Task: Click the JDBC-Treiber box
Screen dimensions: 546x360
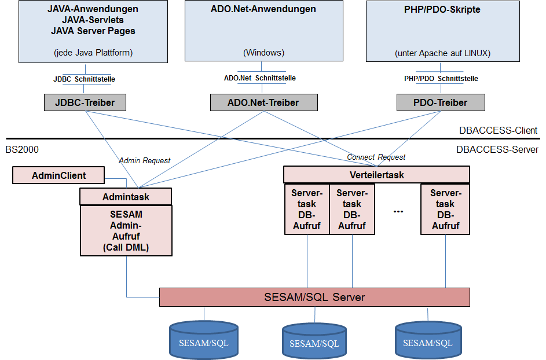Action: coord(85,102)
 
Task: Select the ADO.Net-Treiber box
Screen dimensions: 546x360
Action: coord(264,102)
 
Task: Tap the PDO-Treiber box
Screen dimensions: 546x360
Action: coord(441,102)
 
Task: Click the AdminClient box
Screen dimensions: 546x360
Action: coord(58,175)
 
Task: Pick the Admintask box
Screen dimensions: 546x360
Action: coord(126,197)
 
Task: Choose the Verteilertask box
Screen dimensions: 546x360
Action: coord(376,174)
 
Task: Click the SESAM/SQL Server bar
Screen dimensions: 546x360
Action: coord(314,297)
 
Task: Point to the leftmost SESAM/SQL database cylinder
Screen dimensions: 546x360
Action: coord(204,340)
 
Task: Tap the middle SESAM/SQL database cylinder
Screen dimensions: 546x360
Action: coord(314,341)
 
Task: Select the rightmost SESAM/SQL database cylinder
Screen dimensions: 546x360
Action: coord(428,340)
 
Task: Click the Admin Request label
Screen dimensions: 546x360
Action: coord(145,160)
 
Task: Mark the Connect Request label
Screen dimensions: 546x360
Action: coord(376,157)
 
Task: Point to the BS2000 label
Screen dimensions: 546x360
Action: coord(22,149)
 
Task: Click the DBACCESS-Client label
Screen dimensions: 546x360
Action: coord(498,130)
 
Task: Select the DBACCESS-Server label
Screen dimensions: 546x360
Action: coord(497,149)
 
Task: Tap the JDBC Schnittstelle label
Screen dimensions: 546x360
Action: coord(84,79)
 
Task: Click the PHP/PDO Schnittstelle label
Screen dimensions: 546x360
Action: coord(441,78)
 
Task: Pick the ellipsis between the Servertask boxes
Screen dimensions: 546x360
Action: coord(398,211)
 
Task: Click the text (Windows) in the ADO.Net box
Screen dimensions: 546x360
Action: coord(263,53)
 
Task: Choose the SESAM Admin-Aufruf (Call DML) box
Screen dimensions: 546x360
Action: coord(126,230)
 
